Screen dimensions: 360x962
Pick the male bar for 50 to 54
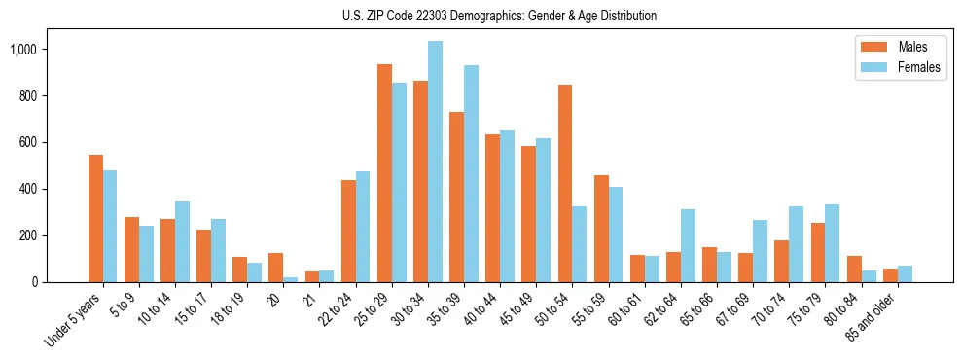565,184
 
